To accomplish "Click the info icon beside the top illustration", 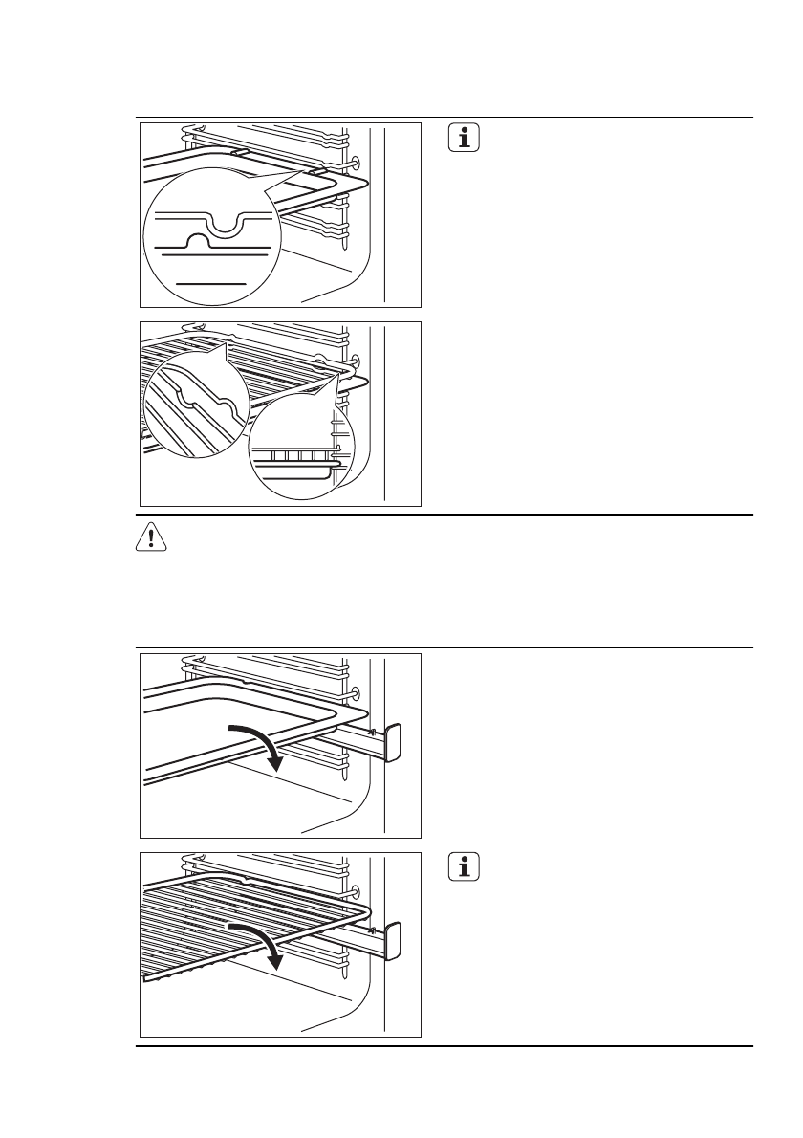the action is pyautogui.click(x=464, y=140).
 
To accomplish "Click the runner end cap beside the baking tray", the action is pyautogui.click(x=393, y=744).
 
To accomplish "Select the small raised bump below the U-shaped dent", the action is pyautogui.click(x=199, y=243).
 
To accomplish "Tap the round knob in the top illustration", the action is pyautogui.click(x=355, y=163).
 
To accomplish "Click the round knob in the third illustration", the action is pyautogui.click(x=355, y=693).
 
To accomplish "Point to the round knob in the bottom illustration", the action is pyautogui.click(x=355, y=892).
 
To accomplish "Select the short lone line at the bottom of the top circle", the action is pyautogui.click(x=210, y=284).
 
